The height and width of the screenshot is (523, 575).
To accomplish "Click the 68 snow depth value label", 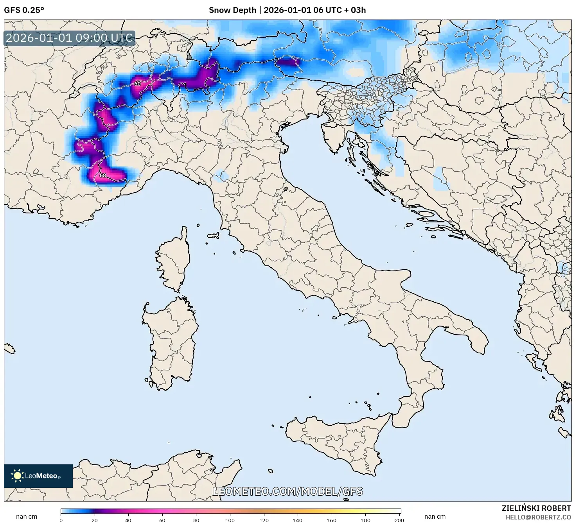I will (x=102, y=176).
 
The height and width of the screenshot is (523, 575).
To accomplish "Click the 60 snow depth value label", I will (x=137, y=84).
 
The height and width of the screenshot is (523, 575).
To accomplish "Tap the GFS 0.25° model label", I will (x=24, y=10).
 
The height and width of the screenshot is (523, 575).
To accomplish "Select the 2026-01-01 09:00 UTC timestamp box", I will (x=69, y=38).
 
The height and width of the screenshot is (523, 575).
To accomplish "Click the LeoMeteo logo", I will (x=38, y=476).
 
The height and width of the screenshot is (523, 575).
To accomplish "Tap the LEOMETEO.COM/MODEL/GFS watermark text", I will (x=287, y=491).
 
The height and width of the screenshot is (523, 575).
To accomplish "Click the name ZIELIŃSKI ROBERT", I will (x=536, y=508).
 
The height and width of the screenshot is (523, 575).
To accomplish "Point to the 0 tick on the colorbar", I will (x=61, y=520).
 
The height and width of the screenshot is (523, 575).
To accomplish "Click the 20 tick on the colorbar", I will (x=95, y=520).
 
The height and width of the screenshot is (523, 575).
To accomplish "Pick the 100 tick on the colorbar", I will (x=230, y=520).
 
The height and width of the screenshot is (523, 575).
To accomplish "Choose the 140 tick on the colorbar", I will (x=298, y=520).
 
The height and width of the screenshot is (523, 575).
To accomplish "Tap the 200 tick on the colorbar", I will (x=399, y=520).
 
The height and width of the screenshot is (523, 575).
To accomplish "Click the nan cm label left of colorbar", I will (x=27, y=517).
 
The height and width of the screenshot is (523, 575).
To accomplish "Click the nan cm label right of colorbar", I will (x=435, y=517).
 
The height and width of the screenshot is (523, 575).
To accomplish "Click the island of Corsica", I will (x=174, y=262).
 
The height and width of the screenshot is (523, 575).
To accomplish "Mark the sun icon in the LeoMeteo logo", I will (x=17, y=476).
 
